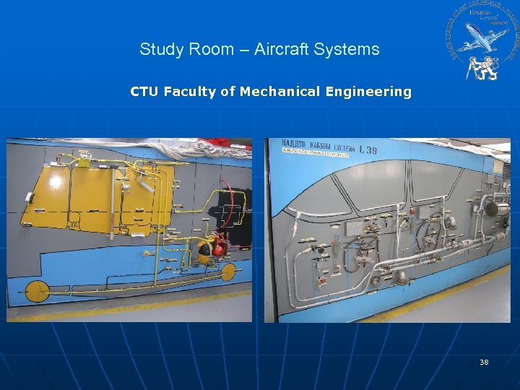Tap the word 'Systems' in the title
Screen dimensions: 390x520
coord(351,50)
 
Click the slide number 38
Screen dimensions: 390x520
coord(484,362)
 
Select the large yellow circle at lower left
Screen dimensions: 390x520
coord(37,291)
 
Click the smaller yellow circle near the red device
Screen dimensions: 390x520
coord(230,272)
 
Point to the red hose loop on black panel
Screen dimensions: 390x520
coord(233,203)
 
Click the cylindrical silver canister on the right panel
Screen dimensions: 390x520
coord(494,209)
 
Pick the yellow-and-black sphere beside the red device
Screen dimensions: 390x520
coord(204,251)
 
